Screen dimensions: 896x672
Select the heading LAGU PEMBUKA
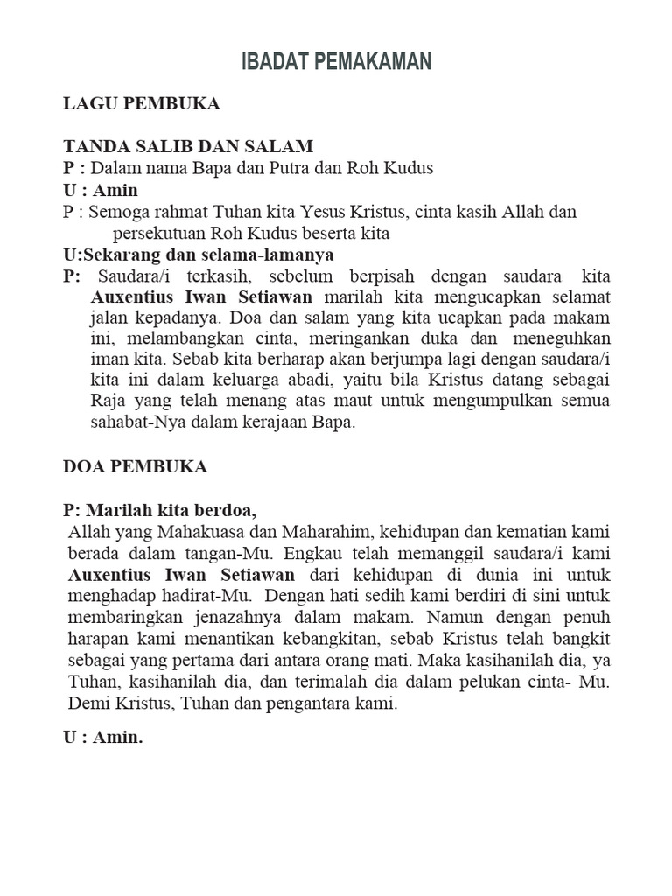pyautogui.click(x=142, y=104)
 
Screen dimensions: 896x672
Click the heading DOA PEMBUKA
pyautogui.click(x=136, y=466)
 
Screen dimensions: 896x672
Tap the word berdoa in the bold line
pyautogui.click(x=229, y=510)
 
